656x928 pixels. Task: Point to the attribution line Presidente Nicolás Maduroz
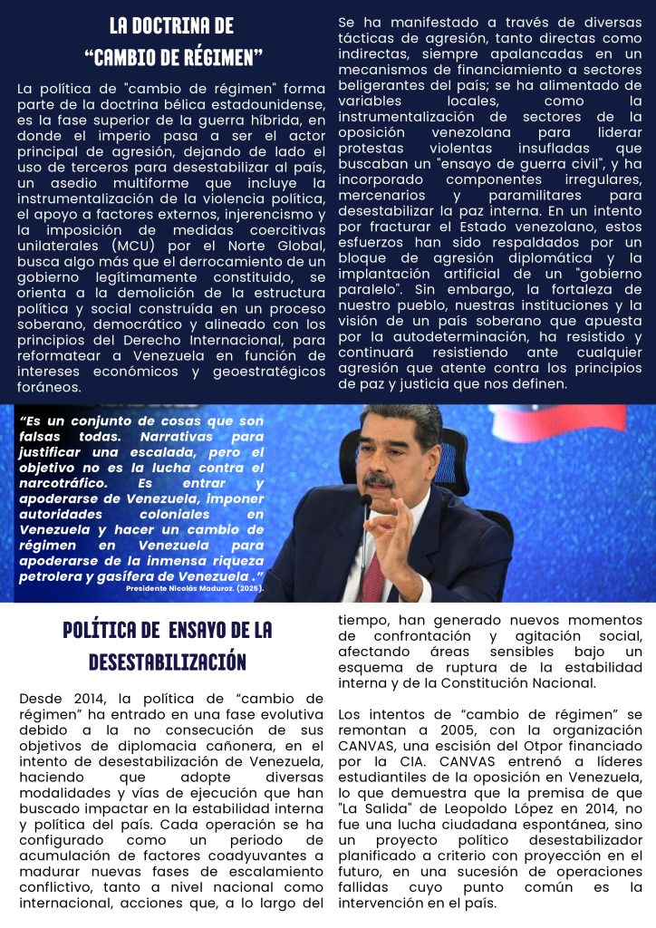[195, 588]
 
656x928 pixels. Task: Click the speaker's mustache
[378, 478]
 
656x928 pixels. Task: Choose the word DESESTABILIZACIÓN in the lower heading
[168, 662]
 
